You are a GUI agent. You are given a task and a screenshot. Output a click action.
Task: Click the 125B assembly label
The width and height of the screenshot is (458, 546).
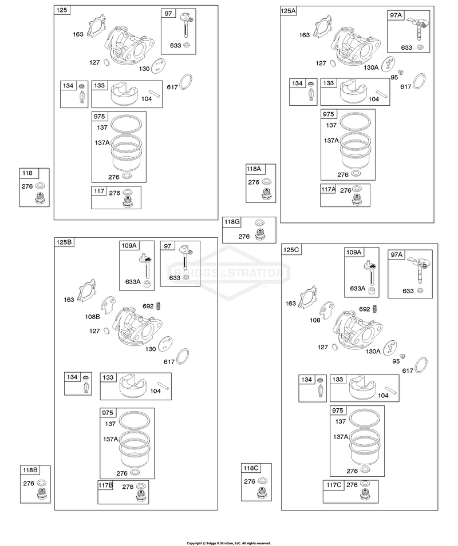point(64,242)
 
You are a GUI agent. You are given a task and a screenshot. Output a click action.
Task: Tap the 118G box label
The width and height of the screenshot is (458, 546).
point(232,222)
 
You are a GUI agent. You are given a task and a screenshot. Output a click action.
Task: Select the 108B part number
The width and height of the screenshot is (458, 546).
point(92,317)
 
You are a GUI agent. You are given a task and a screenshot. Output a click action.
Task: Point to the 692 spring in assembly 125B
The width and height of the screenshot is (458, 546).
point(159,306)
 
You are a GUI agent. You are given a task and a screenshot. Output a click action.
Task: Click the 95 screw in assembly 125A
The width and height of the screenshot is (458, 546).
point(401,73)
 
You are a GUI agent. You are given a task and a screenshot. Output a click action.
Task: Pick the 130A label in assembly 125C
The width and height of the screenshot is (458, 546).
point(373,352)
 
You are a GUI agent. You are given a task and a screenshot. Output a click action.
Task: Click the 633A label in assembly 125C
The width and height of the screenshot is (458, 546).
point(358,288)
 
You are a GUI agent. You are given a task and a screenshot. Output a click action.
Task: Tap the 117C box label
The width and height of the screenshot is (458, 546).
point(334,485)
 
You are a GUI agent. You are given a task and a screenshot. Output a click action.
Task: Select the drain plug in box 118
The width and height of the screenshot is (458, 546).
point(41,198)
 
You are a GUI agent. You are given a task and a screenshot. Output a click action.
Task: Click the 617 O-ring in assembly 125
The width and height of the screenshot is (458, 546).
point(186,82)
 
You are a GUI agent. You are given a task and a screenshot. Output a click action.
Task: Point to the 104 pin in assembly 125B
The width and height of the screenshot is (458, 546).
point(164,386)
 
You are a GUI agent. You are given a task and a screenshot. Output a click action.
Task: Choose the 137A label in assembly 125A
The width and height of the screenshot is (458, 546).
point(331,140)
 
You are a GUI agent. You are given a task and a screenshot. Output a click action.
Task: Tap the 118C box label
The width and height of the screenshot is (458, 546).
point(251,468)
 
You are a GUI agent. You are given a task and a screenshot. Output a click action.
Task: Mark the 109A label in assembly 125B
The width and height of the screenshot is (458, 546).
point(129,245)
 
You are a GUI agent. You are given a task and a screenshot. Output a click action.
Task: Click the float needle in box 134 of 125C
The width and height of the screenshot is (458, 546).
point(321,388)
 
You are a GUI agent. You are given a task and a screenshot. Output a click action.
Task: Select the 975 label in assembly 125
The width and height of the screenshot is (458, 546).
point(100,116)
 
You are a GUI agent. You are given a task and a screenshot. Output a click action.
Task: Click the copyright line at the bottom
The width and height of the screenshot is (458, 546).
point(228,543)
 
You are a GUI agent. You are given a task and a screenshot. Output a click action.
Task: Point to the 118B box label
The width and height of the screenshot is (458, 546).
point(30,470)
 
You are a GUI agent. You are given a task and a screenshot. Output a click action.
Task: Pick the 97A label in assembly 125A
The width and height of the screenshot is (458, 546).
point(396,15)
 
